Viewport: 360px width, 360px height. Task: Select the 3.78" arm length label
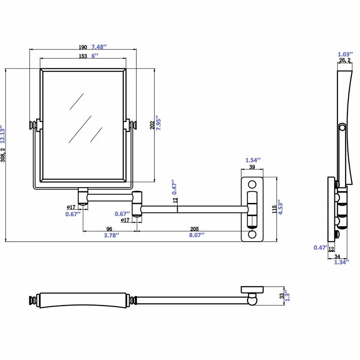pyautogui.click(x=108, y=235)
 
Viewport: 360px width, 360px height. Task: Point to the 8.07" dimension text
pyautogui.click(x=196, y=235)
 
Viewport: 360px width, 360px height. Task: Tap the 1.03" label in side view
pyautogui.click(x=345, y=54)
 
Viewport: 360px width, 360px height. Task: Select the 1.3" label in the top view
pyautogui.click(x=287, y=297)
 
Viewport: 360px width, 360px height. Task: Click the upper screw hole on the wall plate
pyautogui.click(x=252, y=184)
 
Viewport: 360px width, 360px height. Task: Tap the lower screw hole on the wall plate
pyautogui.click(x=252, y=234)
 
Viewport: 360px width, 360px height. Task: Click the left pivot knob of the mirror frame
pyautogui.click(x=33, y=125)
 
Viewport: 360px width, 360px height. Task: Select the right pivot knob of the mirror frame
pyautogui.click(x=134, y=125)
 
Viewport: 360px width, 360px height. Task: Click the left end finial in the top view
pyautogui.click(x=32, y=299)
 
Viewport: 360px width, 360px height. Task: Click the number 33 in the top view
pyautogui.click(x=282, y=297)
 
